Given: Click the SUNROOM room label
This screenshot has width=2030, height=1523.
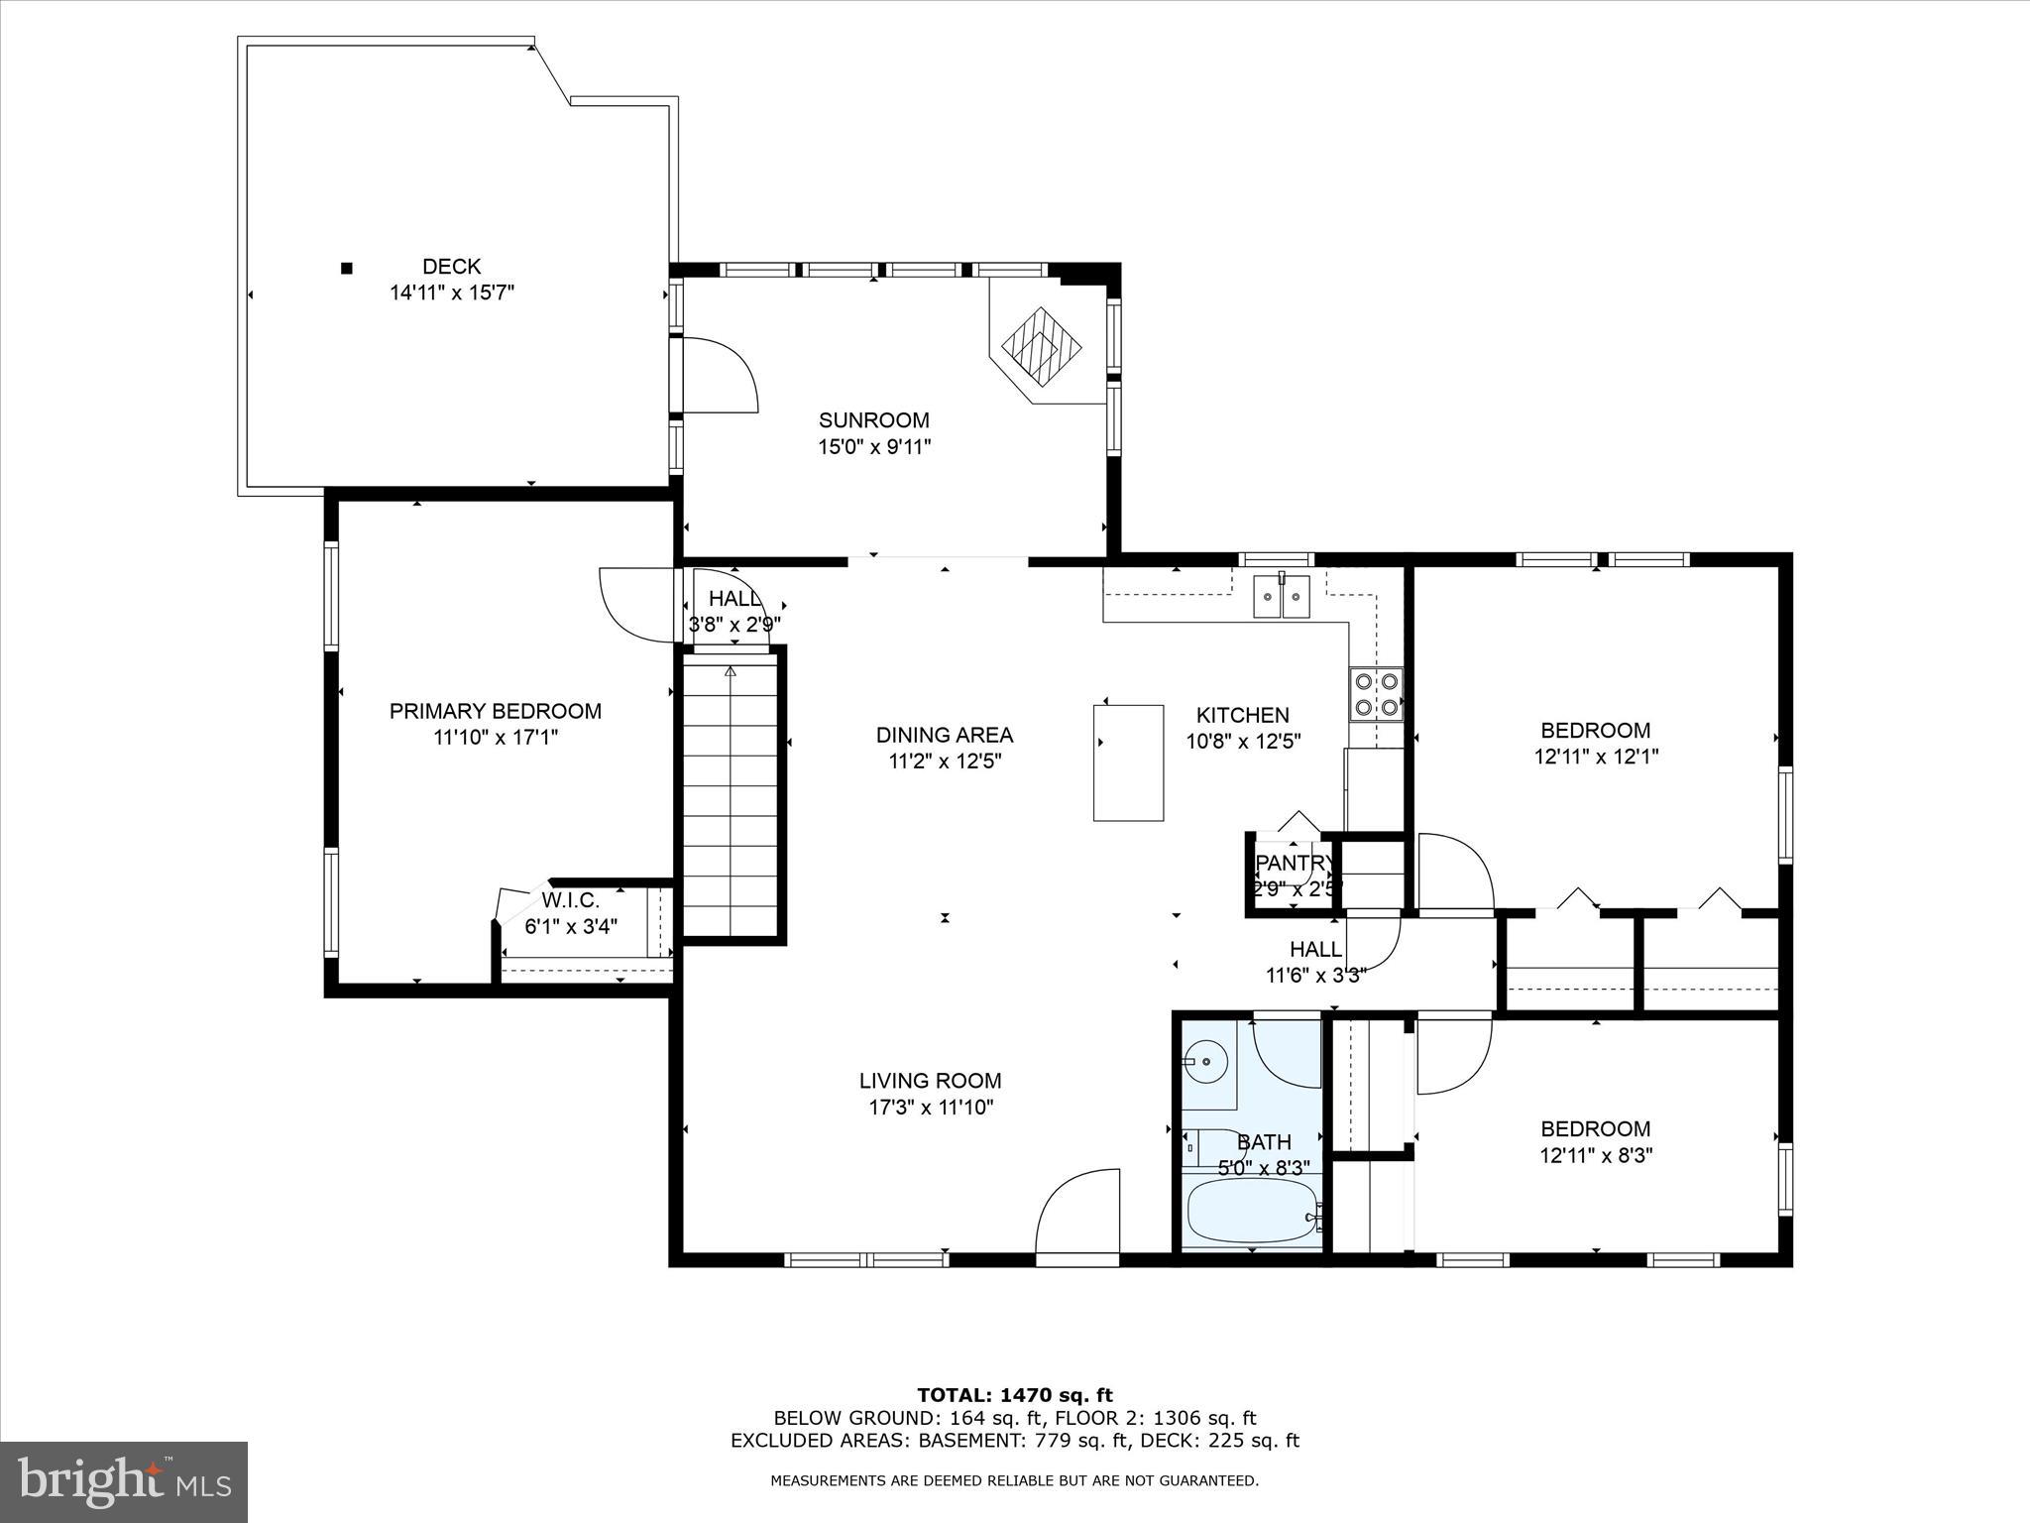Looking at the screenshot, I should [x=873, y=420].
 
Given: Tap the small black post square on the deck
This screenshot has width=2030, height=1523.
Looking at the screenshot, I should [x=347, y=268].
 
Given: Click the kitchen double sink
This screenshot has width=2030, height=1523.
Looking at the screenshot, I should [x=1282, y=596].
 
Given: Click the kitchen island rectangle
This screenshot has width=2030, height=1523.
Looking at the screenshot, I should [x=1128, y=762].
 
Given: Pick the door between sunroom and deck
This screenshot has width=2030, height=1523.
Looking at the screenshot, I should [x=720, y=376].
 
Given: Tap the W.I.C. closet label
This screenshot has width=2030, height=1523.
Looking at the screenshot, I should [x=570, y=900].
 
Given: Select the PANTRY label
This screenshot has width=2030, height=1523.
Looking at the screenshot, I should [x=1294, y=863].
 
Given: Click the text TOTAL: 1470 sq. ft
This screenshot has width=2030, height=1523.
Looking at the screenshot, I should [x=1014, y=1395].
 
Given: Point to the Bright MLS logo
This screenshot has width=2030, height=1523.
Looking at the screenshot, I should [x=124, y=1481].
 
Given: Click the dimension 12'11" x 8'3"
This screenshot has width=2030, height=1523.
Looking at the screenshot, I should [x=1595, y=1155].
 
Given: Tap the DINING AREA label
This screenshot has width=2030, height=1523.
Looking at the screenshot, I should [x=944, y=735].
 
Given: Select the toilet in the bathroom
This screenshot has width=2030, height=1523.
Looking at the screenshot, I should [x=1201, y=1147].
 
